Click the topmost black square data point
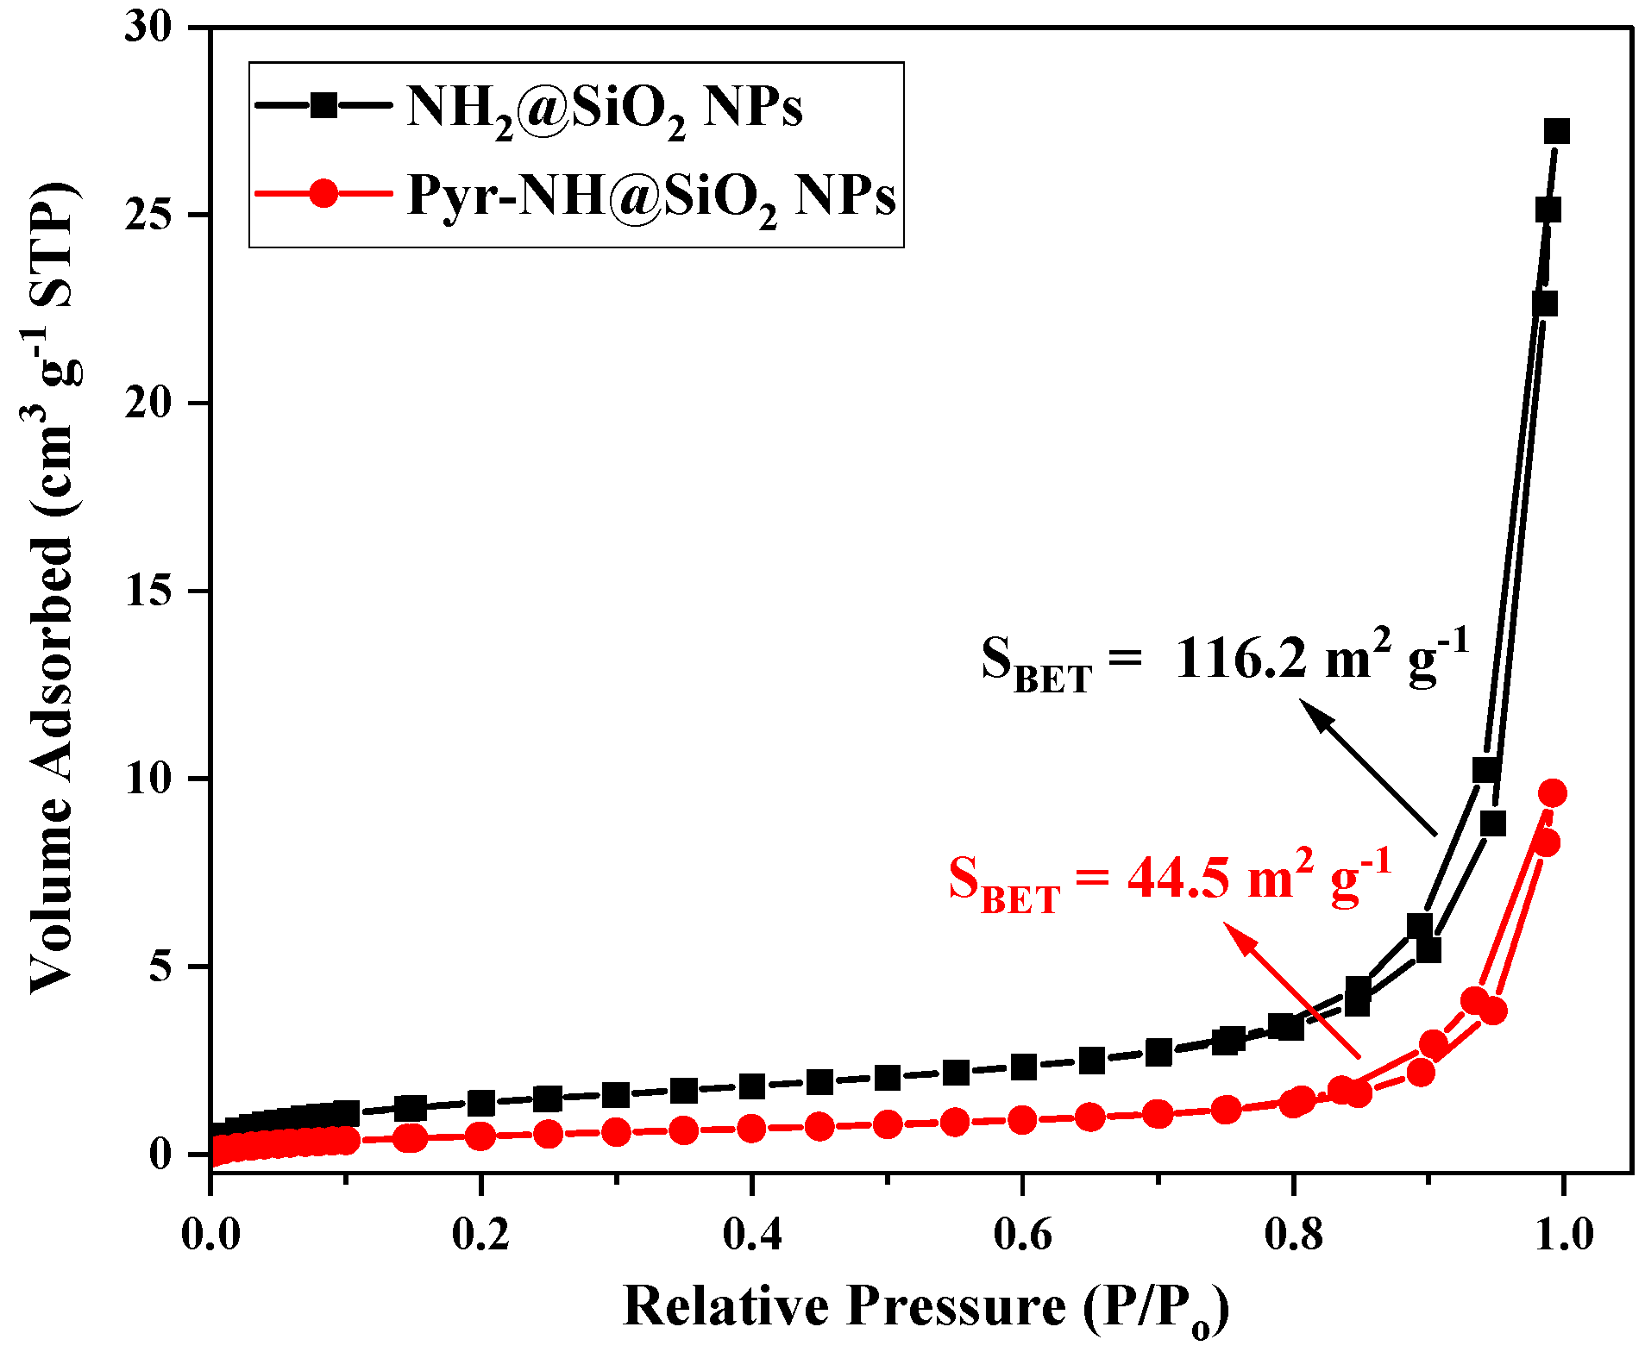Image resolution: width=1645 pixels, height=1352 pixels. pos(1556,132)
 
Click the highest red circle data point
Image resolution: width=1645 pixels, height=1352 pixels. pos(1553,793)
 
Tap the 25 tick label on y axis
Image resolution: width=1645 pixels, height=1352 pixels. pos(149,216)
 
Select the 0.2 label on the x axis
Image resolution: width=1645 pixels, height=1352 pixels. pos(481,1235)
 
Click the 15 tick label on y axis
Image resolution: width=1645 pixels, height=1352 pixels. pos(149,591)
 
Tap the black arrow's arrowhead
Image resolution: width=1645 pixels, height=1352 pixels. pos(1315,716)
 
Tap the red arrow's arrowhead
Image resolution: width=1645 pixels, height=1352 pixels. pos(1237,936)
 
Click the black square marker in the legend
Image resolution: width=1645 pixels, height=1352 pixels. pos(323,105)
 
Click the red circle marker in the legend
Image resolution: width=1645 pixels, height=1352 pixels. pos(323,192)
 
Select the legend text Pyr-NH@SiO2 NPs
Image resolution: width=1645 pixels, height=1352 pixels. pos(651,196)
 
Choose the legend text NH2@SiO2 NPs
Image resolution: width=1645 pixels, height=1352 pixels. pos(604,110)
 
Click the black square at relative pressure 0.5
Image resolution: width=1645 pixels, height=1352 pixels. pos(888,1077)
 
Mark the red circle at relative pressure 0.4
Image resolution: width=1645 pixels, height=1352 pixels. pos(752,1128)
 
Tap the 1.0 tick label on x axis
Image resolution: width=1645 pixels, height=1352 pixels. pos(1563,1235)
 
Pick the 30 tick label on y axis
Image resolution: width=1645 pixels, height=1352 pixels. pos(149,28)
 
